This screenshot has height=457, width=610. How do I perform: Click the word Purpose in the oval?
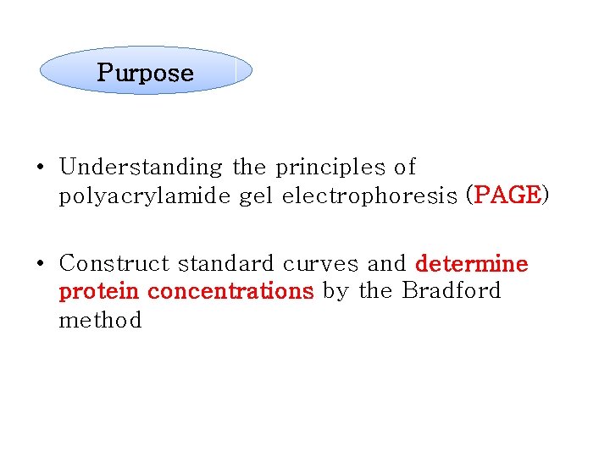(145, 73)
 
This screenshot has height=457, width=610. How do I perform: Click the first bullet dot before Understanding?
(40, 168)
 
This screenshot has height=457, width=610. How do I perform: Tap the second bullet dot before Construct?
(40, 264)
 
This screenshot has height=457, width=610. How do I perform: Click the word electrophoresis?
(369, 196)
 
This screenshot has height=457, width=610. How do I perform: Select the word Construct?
(116, 264)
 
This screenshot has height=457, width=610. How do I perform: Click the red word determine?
(472, 264)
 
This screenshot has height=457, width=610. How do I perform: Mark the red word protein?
(99, 292)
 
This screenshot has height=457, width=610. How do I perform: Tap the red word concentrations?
(230, 292)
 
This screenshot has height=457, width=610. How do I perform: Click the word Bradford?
(451, 292)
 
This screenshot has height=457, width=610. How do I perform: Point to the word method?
(100, 321)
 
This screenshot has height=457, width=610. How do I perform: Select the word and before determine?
(386, 264)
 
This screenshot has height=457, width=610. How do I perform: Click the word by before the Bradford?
(335, 292)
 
